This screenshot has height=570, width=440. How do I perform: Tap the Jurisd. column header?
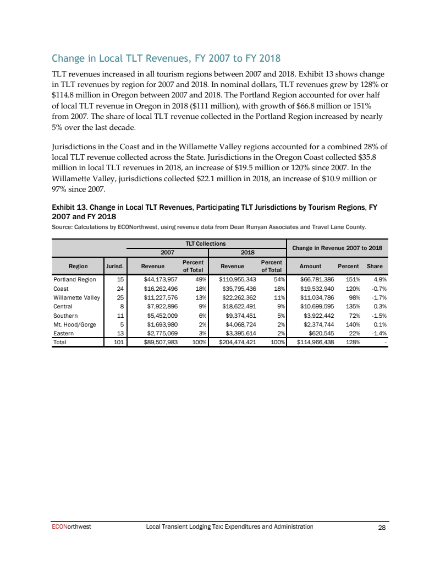click(x=115, y=266)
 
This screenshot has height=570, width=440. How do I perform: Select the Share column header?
click(x=375, y=266)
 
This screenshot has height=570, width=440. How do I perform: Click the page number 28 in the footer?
click(x=382, y=527)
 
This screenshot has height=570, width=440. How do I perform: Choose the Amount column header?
click(x=311, y=266)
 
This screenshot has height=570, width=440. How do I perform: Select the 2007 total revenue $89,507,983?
click(x=158, y=341)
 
